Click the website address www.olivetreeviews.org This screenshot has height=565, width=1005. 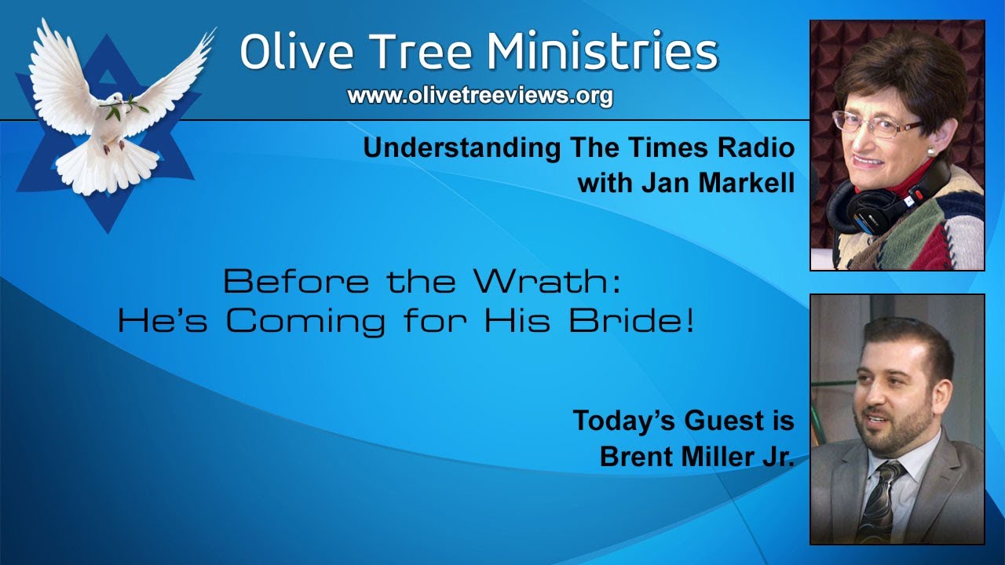[x=480, y=96]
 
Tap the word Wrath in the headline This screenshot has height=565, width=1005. [x=549, y=280]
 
